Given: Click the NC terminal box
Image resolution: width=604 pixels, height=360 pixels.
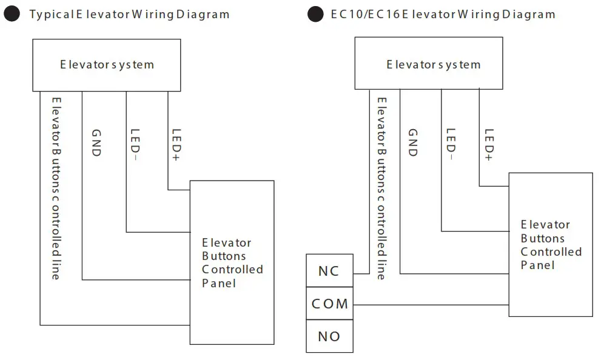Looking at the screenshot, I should click(329, 270).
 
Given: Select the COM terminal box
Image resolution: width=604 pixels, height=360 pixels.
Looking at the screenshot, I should click(329, 303).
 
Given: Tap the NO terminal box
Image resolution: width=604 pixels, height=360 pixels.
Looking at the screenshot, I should click(329, 336).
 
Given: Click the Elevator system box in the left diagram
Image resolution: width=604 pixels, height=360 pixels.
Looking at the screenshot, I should click(107, 65).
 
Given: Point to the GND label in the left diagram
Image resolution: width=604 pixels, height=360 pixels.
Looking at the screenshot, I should click(96, 143).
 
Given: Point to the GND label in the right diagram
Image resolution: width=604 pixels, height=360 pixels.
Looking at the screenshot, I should click(412, 143).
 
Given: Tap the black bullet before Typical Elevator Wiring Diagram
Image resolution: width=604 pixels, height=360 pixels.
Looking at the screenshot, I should click(12, 14).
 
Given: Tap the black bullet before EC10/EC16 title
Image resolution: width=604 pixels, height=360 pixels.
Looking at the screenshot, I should click(315, 14).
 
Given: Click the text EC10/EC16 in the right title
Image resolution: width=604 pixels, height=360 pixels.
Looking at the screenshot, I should click(357, 14).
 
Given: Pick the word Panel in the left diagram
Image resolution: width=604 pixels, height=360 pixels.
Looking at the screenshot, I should click(218, 283).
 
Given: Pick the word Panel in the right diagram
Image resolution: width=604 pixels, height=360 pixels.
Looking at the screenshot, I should click(537, 265).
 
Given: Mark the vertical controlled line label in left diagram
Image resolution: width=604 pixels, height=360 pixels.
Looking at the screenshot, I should click(56, 188).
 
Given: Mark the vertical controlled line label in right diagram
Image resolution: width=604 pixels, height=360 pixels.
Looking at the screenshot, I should click(381, 188).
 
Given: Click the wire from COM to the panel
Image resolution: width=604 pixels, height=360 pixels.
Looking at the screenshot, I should click(431, 304).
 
